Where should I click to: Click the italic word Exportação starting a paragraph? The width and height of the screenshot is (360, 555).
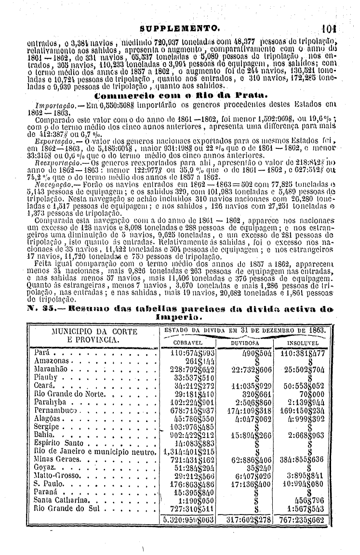(47, 140)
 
